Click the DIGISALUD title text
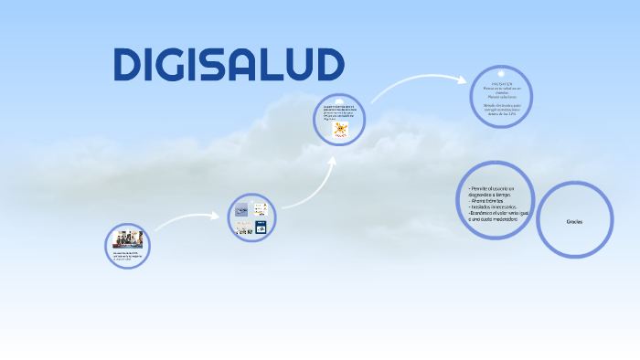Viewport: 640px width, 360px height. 229,64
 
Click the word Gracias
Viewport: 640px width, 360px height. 574,222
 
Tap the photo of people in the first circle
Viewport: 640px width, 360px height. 127,240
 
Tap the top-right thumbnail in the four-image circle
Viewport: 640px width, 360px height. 260,209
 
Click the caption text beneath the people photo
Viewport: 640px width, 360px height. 127,256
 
